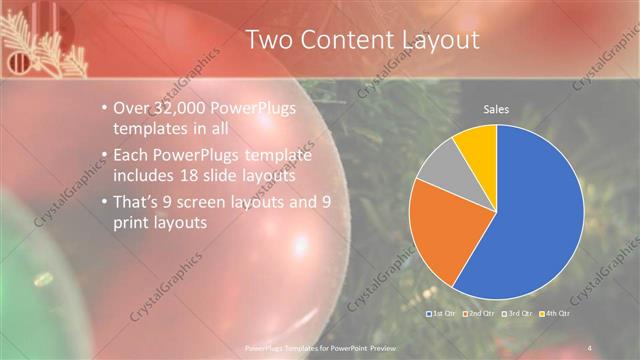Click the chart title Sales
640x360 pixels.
496,108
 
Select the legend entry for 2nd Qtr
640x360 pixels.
478,314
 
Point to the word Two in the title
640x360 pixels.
272,40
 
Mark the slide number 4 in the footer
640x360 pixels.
590,347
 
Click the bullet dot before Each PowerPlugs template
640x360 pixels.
106,153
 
